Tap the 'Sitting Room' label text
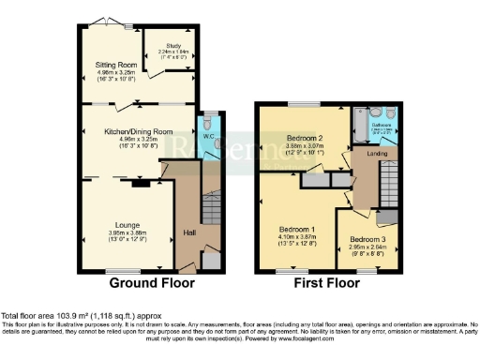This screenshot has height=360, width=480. (x=116, y=65)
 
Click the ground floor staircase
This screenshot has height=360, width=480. (x=213, y=202)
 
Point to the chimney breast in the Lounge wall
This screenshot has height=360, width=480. (x=140, y=184)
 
